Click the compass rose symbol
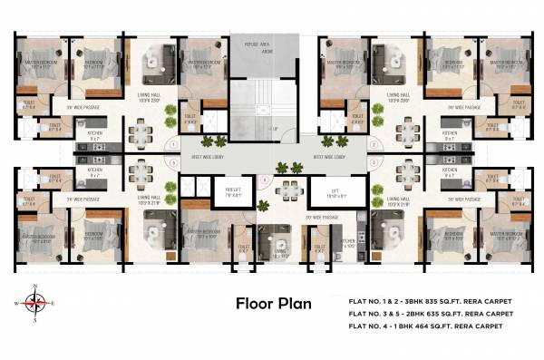(34, 302)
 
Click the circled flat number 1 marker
(173, 146)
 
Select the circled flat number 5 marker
(173, 163)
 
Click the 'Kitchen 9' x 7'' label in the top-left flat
(95, 135)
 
